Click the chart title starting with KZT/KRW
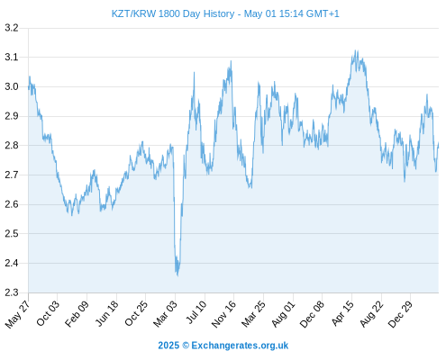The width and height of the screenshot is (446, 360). click(225, 13)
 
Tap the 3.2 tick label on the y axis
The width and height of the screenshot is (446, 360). click(12, 28)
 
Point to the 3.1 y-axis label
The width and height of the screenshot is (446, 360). click(12, 57)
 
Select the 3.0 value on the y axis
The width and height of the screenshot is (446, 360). click(12, 86)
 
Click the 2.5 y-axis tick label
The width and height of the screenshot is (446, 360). click(12, 234)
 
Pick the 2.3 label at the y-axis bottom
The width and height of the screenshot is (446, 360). click(12, 292)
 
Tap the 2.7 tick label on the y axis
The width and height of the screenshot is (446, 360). click(12, 175)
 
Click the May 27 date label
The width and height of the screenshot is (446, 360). click(17, 314)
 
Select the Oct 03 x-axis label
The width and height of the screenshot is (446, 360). click(48, 313)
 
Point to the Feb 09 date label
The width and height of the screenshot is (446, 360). click(77, 313)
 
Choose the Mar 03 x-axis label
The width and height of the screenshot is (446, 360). click(166, 313)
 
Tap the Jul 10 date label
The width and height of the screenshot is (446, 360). click(196, 312)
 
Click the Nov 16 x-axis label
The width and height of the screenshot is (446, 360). click(223, 314)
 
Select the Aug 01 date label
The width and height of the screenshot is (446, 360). click(283, 314)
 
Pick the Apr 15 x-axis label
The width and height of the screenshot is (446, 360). click(342, 313)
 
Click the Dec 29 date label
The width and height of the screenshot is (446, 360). click(400, 314)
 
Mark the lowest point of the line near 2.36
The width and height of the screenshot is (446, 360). click(177, 275)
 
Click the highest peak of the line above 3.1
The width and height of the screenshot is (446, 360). click(356, 50)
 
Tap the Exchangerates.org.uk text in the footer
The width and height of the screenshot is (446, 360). click(240, 346)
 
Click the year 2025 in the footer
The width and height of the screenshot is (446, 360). click(168, 346)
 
